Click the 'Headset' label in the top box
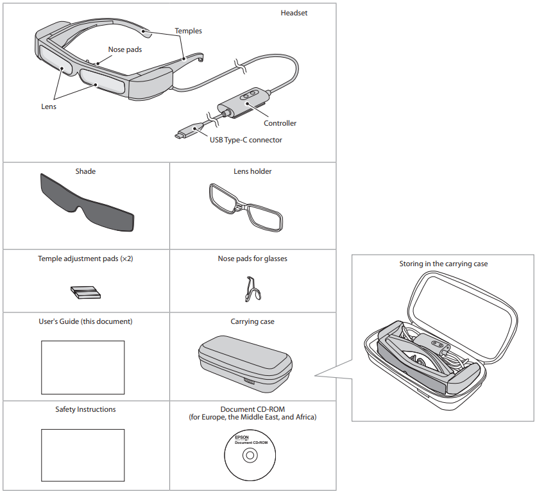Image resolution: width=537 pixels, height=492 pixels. click(x=294, y=13)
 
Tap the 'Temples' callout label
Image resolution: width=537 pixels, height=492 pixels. click(x=188, y=31)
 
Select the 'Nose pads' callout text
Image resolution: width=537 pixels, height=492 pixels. click(x=125, y=49)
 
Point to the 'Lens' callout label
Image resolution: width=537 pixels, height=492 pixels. click(x=49, y=106)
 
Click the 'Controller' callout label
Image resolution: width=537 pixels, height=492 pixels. click(x=280, y=123)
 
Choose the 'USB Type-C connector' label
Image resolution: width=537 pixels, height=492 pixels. click(x=246, y=140)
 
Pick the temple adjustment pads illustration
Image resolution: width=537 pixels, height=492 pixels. click(x=84, y=293)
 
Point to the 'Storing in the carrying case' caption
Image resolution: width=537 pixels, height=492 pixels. click(x=442, y=264)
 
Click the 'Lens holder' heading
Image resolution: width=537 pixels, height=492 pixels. click(x=252, y=171)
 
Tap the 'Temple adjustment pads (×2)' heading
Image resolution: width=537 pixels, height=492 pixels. click(x=85, y=259)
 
